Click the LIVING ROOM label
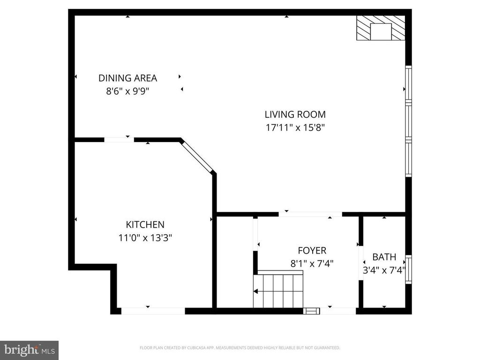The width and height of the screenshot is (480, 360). [x=295, y=114]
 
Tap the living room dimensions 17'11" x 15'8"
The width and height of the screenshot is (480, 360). [x=295, y=127]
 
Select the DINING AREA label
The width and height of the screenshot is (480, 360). [x=127, y=78]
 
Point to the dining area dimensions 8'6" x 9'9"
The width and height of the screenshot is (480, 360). [x=127, y=91]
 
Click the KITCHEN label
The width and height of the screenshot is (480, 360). [x=145, y=225]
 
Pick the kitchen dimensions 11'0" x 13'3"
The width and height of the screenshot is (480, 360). [x=145, y=238]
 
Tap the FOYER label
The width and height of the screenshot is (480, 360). [x=312, y=251]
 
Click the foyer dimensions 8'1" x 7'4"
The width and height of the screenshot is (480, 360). [x=312, y=263]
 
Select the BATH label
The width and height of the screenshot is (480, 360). [x=384, y=257]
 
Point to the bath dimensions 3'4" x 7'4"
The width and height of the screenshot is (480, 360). [x=384, y=270]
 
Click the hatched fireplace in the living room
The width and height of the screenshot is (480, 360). [x=381, y=28]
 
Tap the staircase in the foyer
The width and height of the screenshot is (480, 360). [x=278, y=289]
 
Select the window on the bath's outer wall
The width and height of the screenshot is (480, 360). [x=408, y=270]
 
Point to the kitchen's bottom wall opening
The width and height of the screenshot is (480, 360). [x=153, y=311]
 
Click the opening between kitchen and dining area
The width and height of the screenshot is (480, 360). [x=119, y=140]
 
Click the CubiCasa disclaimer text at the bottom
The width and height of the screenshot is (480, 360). [x=240, y=348]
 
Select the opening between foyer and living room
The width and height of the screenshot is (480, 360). [x=310, y=214]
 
